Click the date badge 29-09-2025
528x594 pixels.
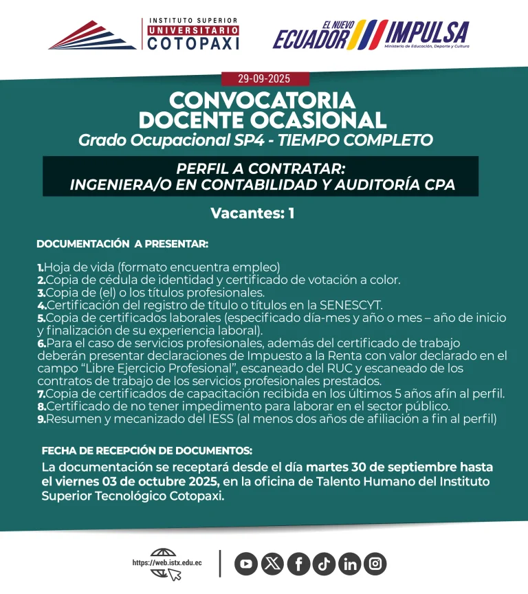pyautogui.click(x=265, y=79)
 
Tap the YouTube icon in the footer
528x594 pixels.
pyautogui.click(x=245, y=564)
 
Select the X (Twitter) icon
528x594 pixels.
pyautogui.click(x=272, y=564)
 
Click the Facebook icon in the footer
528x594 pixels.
pyautogui.click(x=298, y=564)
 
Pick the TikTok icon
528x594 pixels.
pyautogui.click(x=324, y=564)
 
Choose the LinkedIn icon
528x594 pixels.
pyautogui.click(x=350, y=564)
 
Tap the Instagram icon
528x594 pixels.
pyautogui.click(x=375, y=564)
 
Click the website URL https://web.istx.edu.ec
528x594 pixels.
pyautogui.click(x=167, y=563)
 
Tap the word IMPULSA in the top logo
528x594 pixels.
pyautogui.click(x=427, y=32)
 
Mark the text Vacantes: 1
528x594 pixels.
pyautogui.click(x=252, y=213)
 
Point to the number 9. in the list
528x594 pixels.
pyautogui.click(x=41, y=417)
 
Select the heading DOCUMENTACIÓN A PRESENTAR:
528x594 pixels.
pyautogui.click(x=122, y=244)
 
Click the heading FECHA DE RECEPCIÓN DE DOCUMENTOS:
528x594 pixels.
pyautogui.click(x=147, y=451)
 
